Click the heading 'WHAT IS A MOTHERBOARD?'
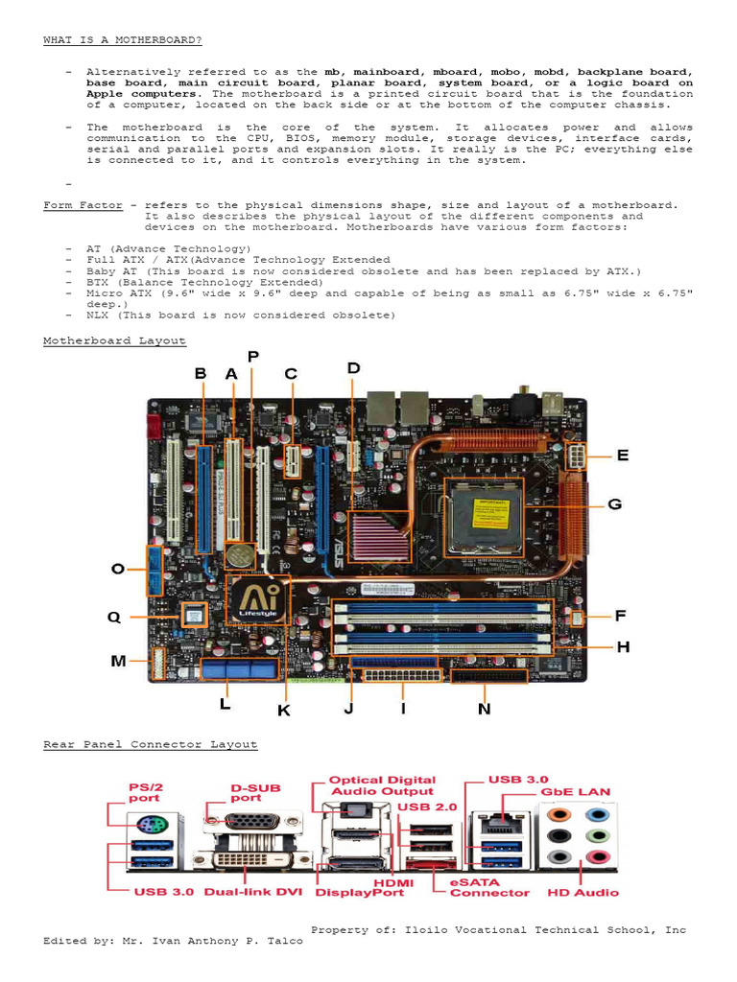[123, 39]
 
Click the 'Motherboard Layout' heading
[114, 340]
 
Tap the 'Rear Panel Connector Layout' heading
[150, 744]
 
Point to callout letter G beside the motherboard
[615, 503]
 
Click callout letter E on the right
[623, 456]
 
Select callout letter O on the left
[118, 569]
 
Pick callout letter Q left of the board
[114, 618]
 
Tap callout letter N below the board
[485, 709]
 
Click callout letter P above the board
[252, 357]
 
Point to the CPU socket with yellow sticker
[484, 517]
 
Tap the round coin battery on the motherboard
[239, 556]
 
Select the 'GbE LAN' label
[576, 792]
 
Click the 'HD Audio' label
[582, 892]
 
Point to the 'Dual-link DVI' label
[248, 892]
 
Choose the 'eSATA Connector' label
[489, 886]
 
